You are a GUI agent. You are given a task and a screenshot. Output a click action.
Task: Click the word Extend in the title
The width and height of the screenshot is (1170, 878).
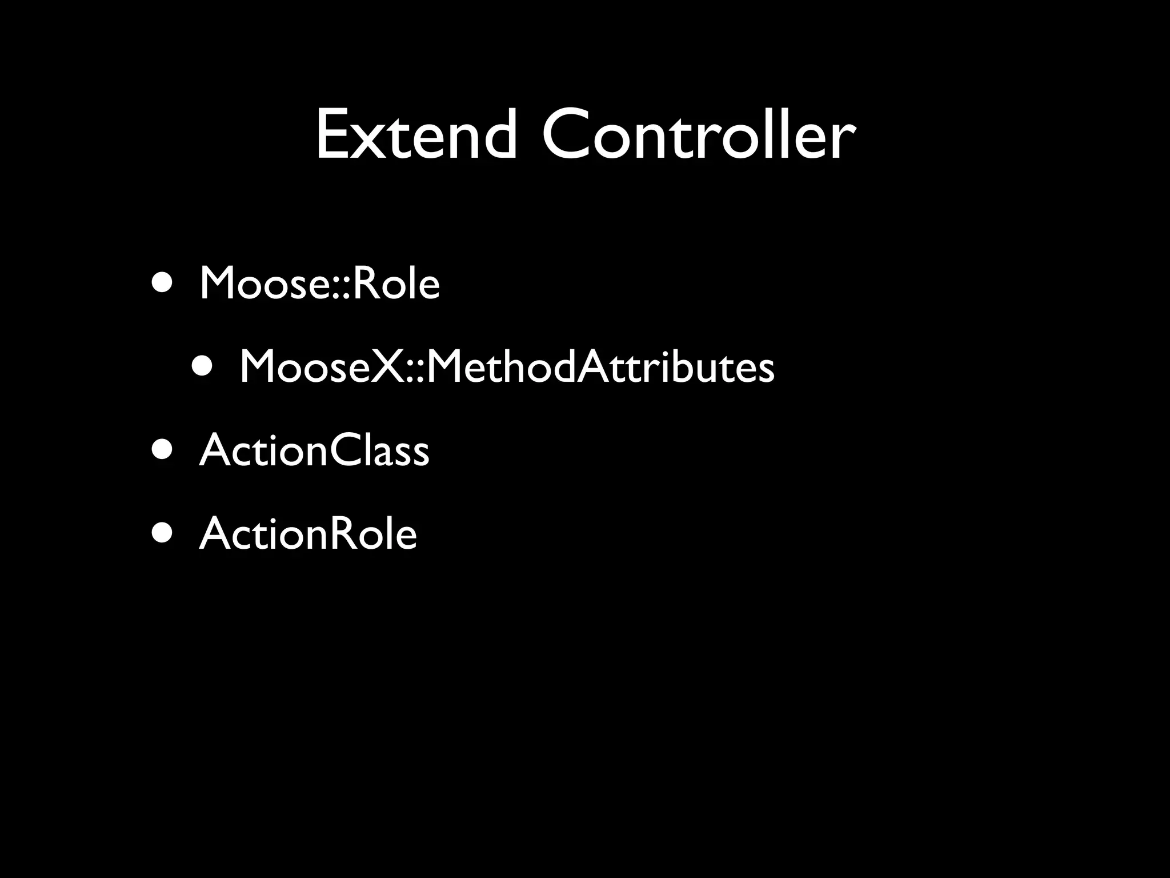click(416, 135)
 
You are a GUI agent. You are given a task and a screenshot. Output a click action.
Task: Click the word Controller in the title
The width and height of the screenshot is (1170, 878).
click(698, 135)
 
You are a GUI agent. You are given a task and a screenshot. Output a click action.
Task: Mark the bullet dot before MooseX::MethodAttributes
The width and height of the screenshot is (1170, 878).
click(203, 366)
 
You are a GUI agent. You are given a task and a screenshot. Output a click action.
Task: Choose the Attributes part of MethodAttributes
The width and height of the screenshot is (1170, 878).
click(676, 366)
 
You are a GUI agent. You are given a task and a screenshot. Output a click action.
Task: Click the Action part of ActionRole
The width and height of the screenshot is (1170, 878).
click(262, 534)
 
